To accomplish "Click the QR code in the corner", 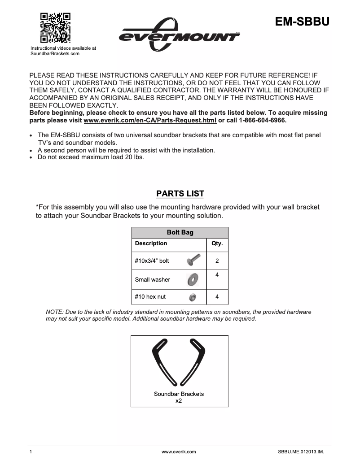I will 56,28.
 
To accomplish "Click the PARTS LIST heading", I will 180,194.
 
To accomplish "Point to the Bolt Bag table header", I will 180,233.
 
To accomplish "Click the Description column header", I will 151,243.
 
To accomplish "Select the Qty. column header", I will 217,243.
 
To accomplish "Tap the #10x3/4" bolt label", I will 152,261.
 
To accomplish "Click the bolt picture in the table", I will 193,260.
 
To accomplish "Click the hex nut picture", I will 192,297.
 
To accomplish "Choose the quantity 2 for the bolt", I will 217,261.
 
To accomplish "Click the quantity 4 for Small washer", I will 217,274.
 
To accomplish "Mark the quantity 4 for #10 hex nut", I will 217,297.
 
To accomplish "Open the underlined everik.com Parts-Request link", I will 150,121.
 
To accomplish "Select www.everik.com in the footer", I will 179,452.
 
